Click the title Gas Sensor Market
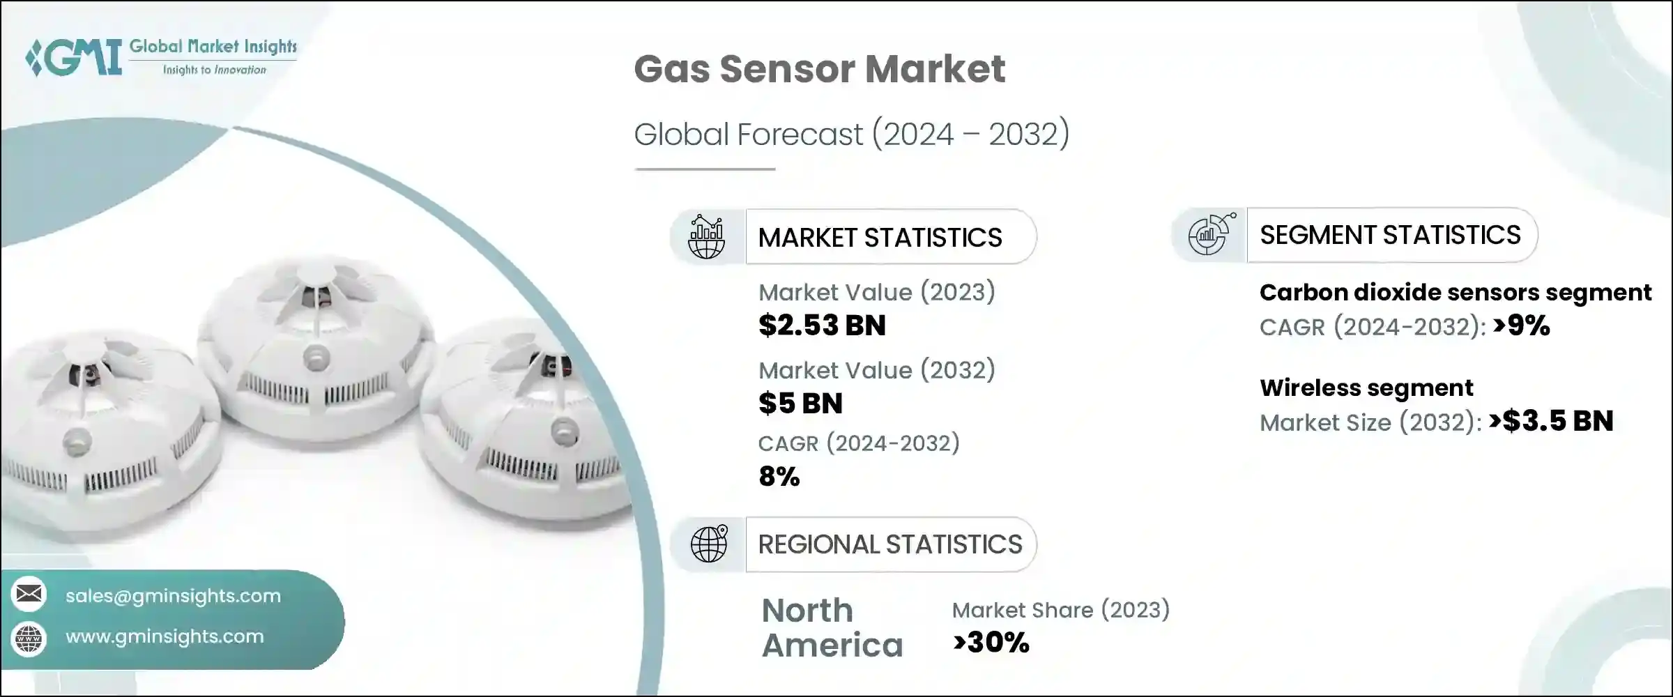819,69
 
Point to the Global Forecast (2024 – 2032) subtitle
851,134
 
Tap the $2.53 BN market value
822,325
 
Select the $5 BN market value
800,404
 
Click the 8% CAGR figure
779,477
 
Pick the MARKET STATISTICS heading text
880,238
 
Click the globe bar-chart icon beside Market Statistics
706,237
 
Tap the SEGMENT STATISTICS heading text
1390,235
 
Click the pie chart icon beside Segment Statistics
1210,235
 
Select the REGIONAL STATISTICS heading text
889,544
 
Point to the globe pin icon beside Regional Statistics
709,544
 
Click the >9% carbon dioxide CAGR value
1522,325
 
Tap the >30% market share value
991,643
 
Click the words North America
832,628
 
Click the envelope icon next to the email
29,595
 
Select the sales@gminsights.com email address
173,596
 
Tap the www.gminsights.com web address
165,636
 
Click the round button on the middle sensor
316,358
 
